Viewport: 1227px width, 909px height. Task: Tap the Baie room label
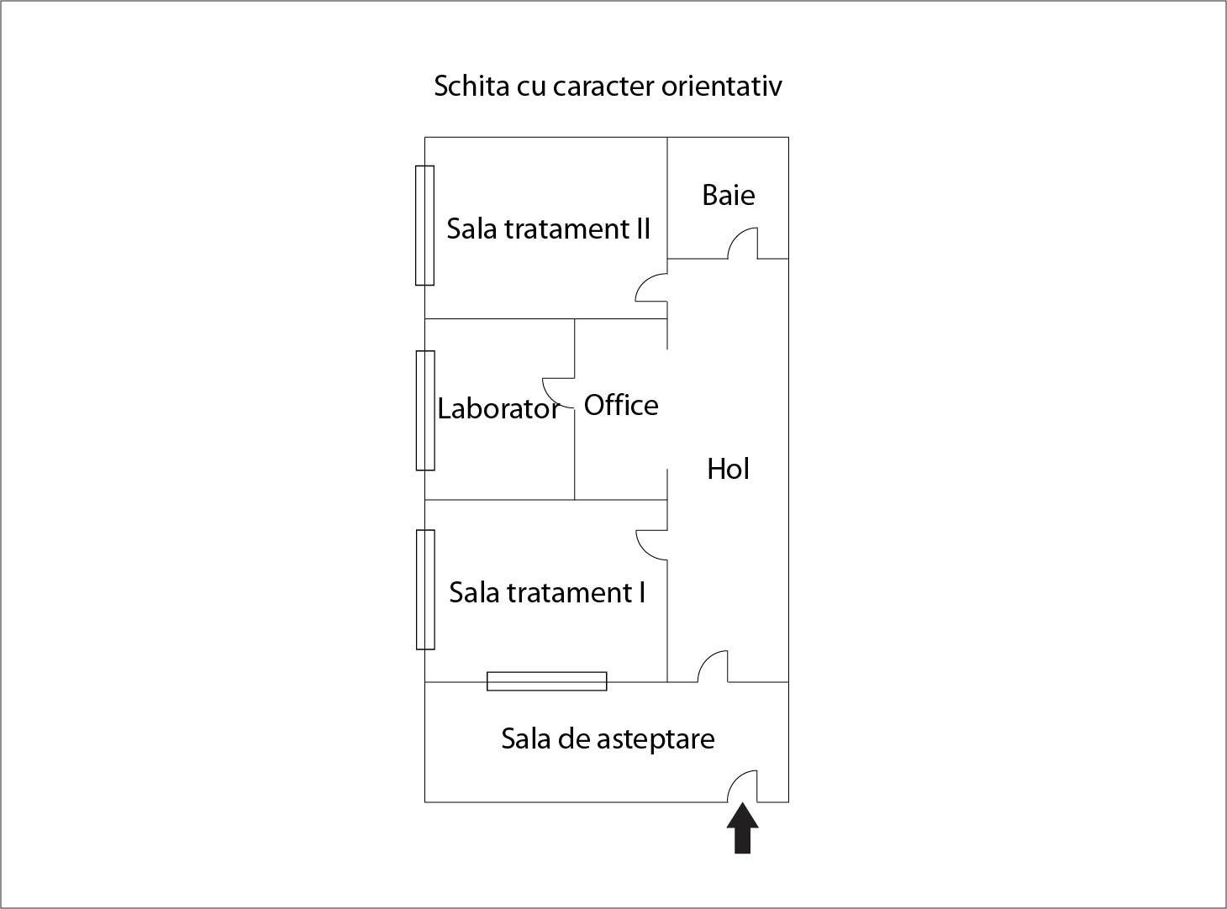click(x=728, y=195)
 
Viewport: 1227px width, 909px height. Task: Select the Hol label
click(x=728, y=469)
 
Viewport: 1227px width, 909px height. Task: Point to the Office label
click(x=621, y=405)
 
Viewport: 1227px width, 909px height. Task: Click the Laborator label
click(x=498, y=409)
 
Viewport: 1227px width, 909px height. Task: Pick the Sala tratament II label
click(x=548, y=229)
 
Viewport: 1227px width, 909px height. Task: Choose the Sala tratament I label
click(x=547, y=592)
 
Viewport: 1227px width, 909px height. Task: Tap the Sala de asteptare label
click(x=608, y=738)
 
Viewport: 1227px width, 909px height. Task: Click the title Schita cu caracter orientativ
click(x=608, y=86)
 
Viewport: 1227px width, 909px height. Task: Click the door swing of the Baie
click(x=743, y=244)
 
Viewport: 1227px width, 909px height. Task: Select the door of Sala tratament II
click(x=652, y=287)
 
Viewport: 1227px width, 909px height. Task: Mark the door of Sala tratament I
click(x=652, y=544)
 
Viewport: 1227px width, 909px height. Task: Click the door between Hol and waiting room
click(x=714, y=667)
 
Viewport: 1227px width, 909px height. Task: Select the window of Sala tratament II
click(x=424, y=225)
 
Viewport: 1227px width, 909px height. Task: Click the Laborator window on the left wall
click(x=424, y=410)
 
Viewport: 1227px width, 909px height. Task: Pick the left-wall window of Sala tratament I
click(x=424, y=589)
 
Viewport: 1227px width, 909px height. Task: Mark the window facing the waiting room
click(x=546, y=681)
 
